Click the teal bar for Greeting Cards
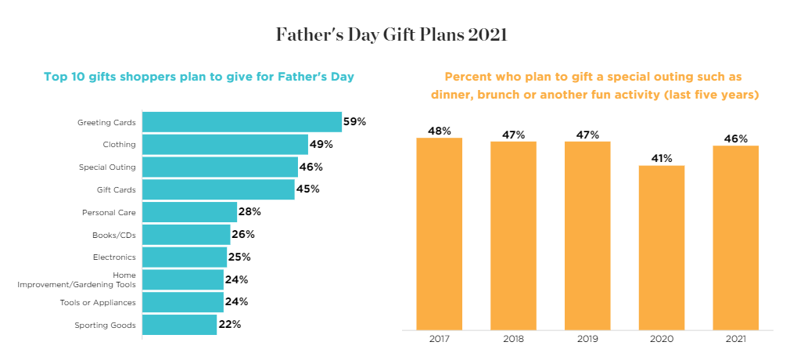(242, 122)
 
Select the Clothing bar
(225, 145)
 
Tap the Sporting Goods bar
(179, 325)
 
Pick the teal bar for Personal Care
(189, 212)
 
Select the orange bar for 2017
(440, 233)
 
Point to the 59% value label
(355, 122)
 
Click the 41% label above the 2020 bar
(662, 158)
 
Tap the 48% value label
(440, 131)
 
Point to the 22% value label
(229, 325)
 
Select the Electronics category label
(114, 257)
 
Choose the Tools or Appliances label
(98, 302)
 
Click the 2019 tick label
(587, 339)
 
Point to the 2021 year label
(736, 339)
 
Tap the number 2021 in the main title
(488, 35)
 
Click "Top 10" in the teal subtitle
(65, 77)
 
